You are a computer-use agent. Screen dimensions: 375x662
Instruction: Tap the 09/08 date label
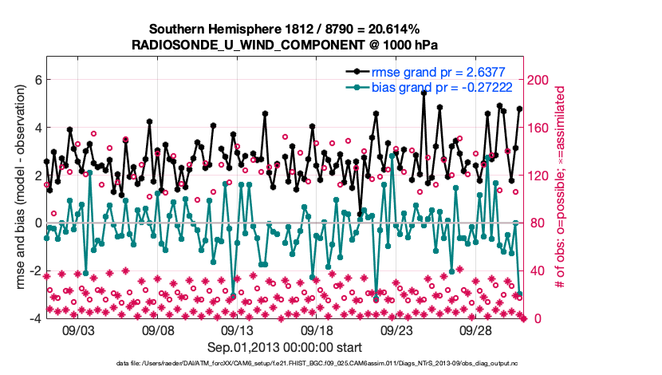(x=158, y=329)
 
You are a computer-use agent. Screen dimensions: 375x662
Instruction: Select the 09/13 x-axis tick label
(x=237, y=329)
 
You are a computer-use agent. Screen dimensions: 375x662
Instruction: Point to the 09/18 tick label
(x=317, y=329)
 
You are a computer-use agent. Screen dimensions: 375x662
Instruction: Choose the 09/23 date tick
(x=396, y=329)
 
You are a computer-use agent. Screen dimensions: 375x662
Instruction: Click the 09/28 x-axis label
(x=476, y=329)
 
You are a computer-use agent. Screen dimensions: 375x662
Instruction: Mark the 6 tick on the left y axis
(x=37, y=80)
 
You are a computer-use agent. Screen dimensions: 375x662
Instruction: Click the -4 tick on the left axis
(x=35, y=318)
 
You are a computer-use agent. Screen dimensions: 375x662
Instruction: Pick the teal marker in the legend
(x=355, y=86)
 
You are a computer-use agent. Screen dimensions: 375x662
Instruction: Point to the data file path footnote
(x=284, y=364)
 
